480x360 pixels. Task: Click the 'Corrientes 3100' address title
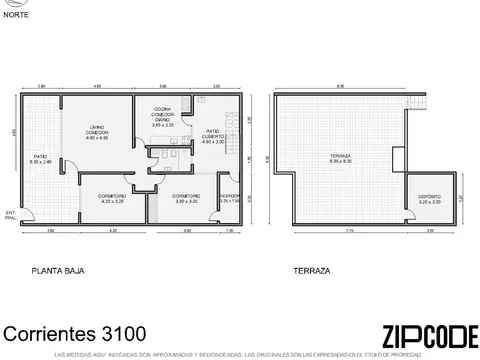(x=76, y=333)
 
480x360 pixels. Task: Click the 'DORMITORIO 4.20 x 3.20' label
(x=112, y=198)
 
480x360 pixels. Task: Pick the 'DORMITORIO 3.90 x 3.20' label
(x=186, y=198)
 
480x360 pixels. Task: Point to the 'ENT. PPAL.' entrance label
(x=10, y=216)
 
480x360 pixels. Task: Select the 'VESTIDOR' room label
(x=229, y=198)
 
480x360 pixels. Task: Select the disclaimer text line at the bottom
(x=240, y=354)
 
